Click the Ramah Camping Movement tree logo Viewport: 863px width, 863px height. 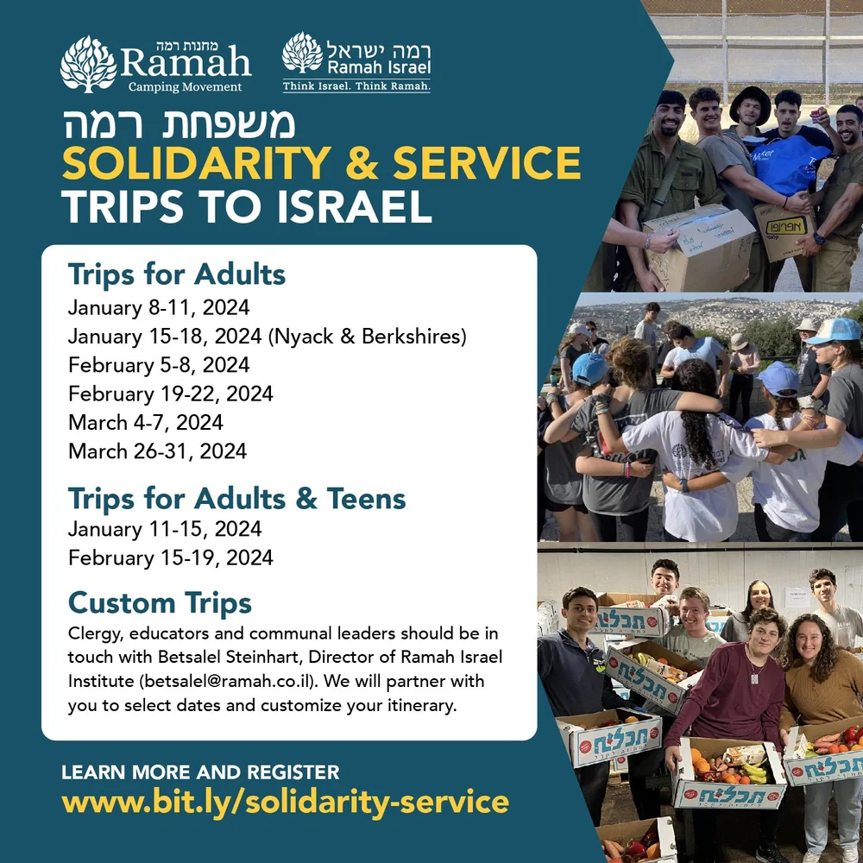[x=88, y=64]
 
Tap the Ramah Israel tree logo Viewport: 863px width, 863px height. [x=302, y=54]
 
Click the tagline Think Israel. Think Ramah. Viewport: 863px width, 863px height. [x=356, y=85]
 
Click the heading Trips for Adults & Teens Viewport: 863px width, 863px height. [x=236, y=499]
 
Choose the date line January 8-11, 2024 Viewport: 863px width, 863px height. [x=158, y=308]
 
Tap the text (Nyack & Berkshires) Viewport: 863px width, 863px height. [x=369, y=337]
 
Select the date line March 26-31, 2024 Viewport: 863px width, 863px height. [x=157, y=450]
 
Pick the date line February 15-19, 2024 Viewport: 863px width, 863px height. [x=170, y=557]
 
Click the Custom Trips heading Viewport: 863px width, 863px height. [x=160, y=602]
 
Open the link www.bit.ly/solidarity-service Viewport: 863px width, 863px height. [x=285, y=802]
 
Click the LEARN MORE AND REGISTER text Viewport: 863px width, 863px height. [x=200, y=772]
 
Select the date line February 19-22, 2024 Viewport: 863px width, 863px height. [x=170, y=394]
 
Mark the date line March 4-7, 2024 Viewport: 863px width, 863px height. [x=145, y=422]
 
